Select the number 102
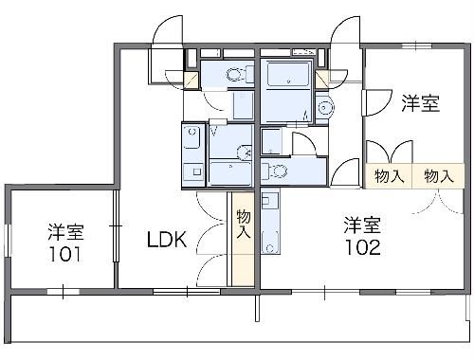point(362,247)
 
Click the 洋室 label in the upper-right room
point(419,104)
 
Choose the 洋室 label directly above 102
point(362,225)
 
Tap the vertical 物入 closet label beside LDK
point(243,225)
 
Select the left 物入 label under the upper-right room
point(389,176)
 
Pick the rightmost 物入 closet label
point(438,176)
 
